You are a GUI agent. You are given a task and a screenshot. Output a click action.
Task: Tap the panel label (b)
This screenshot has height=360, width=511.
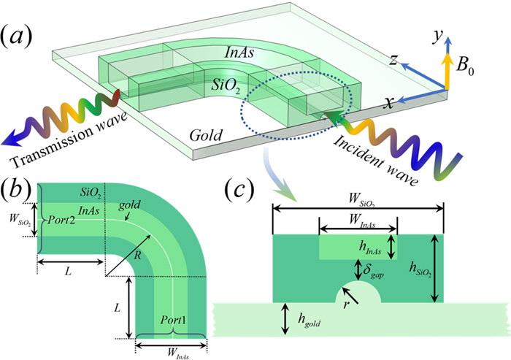tap(16, 191)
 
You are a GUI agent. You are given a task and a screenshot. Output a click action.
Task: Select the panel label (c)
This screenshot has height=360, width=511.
tap(239, 190)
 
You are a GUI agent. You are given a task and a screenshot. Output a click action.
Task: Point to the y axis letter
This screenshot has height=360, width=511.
tap(437, 37)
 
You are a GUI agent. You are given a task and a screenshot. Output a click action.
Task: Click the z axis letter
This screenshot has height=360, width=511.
tap(394, 60)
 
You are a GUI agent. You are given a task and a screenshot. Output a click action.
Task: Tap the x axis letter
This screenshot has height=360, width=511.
tap(388, 103)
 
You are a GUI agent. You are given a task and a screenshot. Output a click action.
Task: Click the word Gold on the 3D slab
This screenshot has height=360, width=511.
tap(207, 134)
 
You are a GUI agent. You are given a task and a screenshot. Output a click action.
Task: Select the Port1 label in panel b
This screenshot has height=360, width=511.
tap(174, 321)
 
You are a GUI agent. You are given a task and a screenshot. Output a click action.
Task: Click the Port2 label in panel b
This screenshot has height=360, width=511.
tap(61, 221)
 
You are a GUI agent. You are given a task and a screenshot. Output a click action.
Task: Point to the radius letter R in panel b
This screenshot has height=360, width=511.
tap(137, 255)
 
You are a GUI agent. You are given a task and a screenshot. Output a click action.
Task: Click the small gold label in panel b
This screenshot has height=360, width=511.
tap(130, 205)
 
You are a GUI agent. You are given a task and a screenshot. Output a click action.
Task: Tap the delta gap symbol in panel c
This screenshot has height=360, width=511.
tap(373, 271)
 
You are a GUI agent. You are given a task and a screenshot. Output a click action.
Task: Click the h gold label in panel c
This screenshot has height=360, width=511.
tap(309, 320)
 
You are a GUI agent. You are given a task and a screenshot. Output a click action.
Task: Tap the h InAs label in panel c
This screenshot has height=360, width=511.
tap(370, 248)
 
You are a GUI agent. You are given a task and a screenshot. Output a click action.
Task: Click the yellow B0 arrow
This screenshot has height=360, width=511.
tap(447, 71)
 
